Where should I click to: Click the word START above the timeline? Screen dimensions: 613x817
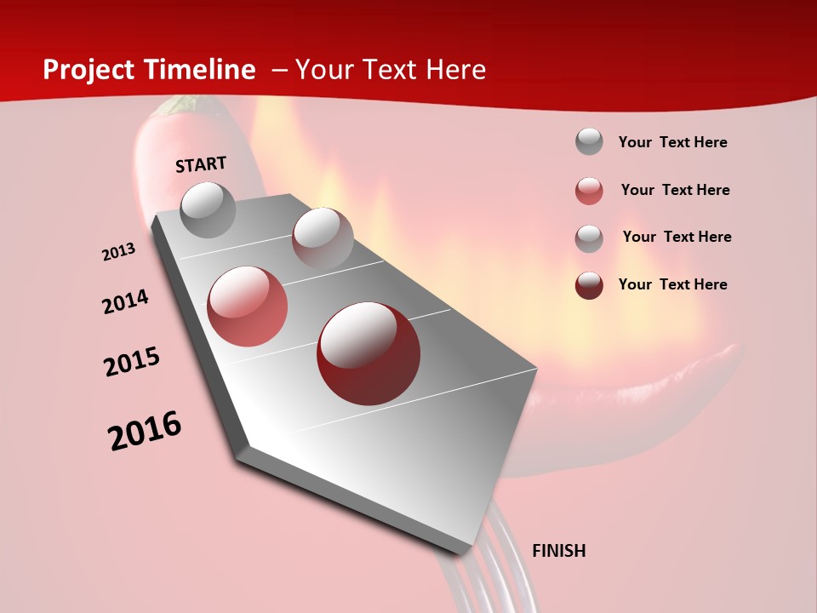pyautogui.click(x=201, y=164)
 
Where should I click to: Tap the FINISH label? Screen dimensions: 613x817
pyautogui.click(x=558, y=551)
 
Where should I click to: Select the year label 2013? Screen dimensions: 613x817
pyautogui.click(x=118, y=252)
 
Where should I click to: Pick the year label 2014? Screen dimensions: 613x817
pyautogui.click(x=125, y=302)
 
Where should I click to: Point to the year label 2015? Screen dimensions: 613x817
pyautogui.click(x=132, y=362)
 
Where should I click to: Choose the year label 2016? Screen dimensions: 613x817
pyautogui.click(x=145, y=431)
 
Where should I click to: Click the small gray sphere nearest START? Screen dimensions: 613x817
pyautogui.click(x=208, y=209)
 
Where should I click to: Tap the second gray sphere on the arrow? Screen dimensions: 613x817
pyautogui.click(x=322, y=238)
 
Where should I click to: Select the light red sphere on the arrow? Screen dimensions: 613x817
pyautogui.click(x=247, y=306)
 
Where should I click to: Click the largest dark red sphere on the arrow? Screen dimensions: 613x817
pyautogui.click(x=368, y=353)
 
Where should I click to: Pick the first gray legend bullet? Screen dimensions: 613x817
pyautogui.click(x=589, y=141)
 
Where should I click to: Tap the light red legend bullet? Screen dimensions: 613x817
pyautogui.click(x=589, y=191)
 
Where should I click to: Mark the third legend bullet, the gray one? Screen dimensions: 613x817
pyautogui.click(x=589, y=238)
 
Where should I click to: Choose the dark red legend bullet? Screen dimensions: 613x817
pyautogui.click(x=589, y=285)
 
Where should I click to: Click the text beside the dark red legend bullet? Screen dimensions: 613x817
pyautogui.click(x=672, y=284)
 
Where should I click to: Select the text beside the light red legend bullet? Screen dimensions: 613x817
pyautogui.click(x=675, y=190)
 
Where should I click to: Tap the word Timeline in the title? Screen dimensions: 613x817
pyautogui.click(x=204, y=70)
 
